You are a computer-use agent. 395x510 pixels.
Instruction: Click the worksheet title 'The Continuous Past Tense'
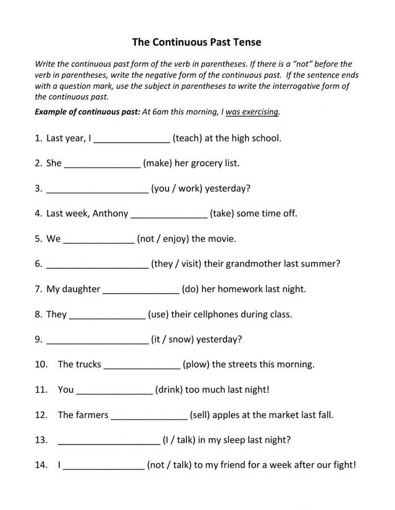click(x=197, y=42)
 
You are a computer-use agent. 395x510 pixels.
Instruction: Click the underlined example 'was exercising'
click(x=252, y=112)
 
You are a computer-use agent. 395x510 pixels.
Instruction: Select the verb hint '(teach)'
click(x=188, y=138)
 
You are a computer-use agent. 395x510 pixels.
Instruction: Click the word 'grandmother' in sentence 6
click(x=254, y=264)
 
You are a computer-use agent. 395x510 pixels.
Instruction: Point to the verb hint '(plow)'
click(x=196, y=364)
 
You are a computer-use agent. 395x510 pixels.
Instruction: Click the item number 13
click(x=41, y=440)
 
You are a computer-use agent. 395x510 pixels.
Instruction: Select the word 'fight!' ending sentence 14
click(x=343, y=466)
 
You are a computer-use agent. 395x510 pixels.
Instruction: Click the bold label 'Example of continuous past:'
click(x=87, y=112)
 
